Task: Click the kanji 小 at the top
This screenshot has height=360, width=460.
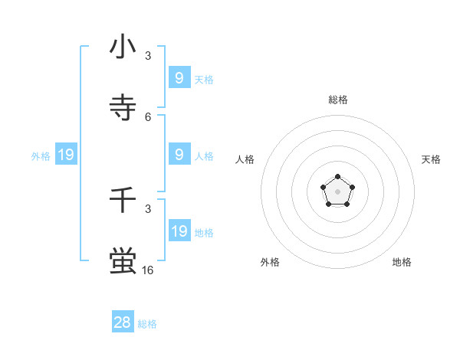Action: pyautogui.click(x=123, y=47)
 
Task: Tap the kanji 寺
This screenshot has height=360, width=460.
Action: pyautogui.click(x=123, y=107)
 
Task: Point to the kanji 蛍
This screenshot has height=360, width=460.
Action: pyautogui.click(x=123, y=260)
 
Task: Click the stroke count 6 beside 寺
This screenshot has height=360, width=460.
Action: pyautogui.click(x=148, y=116)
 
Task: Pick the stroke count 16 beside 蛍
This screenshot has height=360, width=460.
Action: pyautogui.click(x=148, y=270)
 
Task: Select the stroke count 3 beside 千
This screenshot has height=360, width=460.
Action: pyautogui.click(x=148, y=208)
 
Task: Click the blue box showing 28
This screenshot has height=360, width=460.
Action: pyautogui.click(x=123, y=322)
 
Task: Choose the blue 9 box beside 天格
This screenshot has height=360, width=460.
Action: pyautogui.click(x=179, y=77)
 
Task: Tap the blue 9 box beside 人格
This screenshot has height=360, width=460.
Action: pyautogui.click(x=179, y=154)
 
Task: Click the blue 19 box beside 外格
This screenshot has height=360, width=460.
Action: pyautogui.click(x=66, y=155)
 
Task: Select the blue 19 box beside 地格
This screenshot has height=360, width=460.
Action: pyautogui.click(x=179, y=231)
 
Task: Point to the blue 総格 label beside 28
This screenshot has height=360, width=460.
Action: pyautogui.click(x=148, y=324)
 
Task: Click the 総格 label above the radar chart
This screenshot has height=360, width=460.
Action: pyautogui.click(x=338, y=100)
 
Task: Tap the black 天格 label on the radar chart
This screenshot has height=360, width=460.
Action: pyautogui.click(x=432, y=159)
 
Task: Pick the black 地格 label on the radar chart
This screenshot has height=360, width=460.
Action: pyautogui.click(x=402, y=262)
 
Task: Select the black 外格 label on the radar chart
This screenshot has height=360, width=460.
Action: pyautogui.click(x=270, y=262)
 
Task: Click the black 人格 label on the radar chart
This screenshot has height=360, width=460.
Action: pyautogui.click(x=245, y=159)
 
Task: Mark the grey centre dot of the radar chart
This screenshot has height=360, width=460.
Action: pyautogui.click(x=338, y=191)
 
